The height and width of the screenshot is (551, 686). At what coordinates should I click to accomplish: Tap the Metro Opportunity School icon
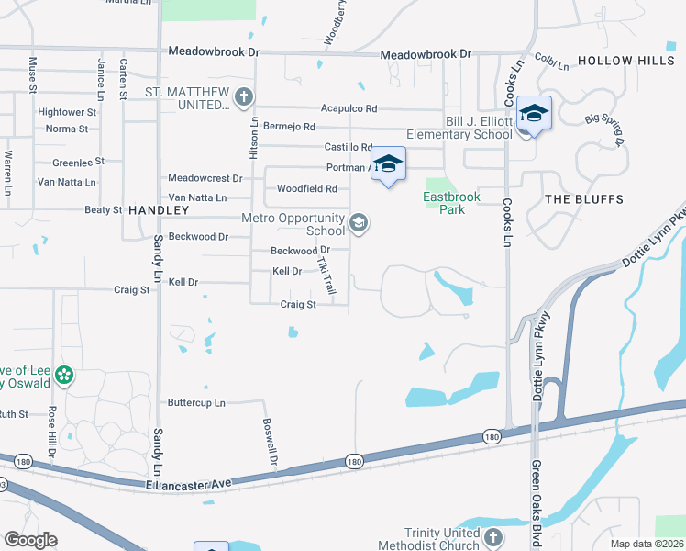359,223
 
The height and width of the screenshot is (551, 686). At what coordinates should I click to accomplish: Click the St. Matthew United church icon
243,96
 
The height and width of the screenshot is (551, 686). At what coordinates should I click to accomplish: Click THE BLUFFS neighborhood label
583,199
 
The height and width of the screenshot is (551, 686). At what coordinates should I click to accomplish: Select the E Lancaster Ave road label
189,483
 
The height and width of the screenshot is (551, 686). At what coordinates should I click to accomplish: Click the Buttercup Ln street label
196,402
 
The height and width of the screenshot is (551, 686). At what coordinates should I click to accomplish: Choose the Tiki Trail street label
327,274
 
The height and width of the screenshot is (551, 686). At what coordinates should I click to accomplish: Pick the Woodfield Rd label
307,189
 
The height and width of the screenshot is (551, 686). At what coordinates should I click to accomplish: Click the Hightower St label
67,112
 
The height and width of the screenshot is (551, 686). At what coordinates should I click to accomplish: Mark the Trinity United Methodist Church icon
492,537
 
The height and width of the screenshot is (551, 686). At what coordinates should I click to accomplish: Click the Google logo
30,540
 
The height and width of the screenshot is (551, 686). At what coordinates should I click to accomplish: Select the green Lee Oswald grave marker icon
63,375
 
